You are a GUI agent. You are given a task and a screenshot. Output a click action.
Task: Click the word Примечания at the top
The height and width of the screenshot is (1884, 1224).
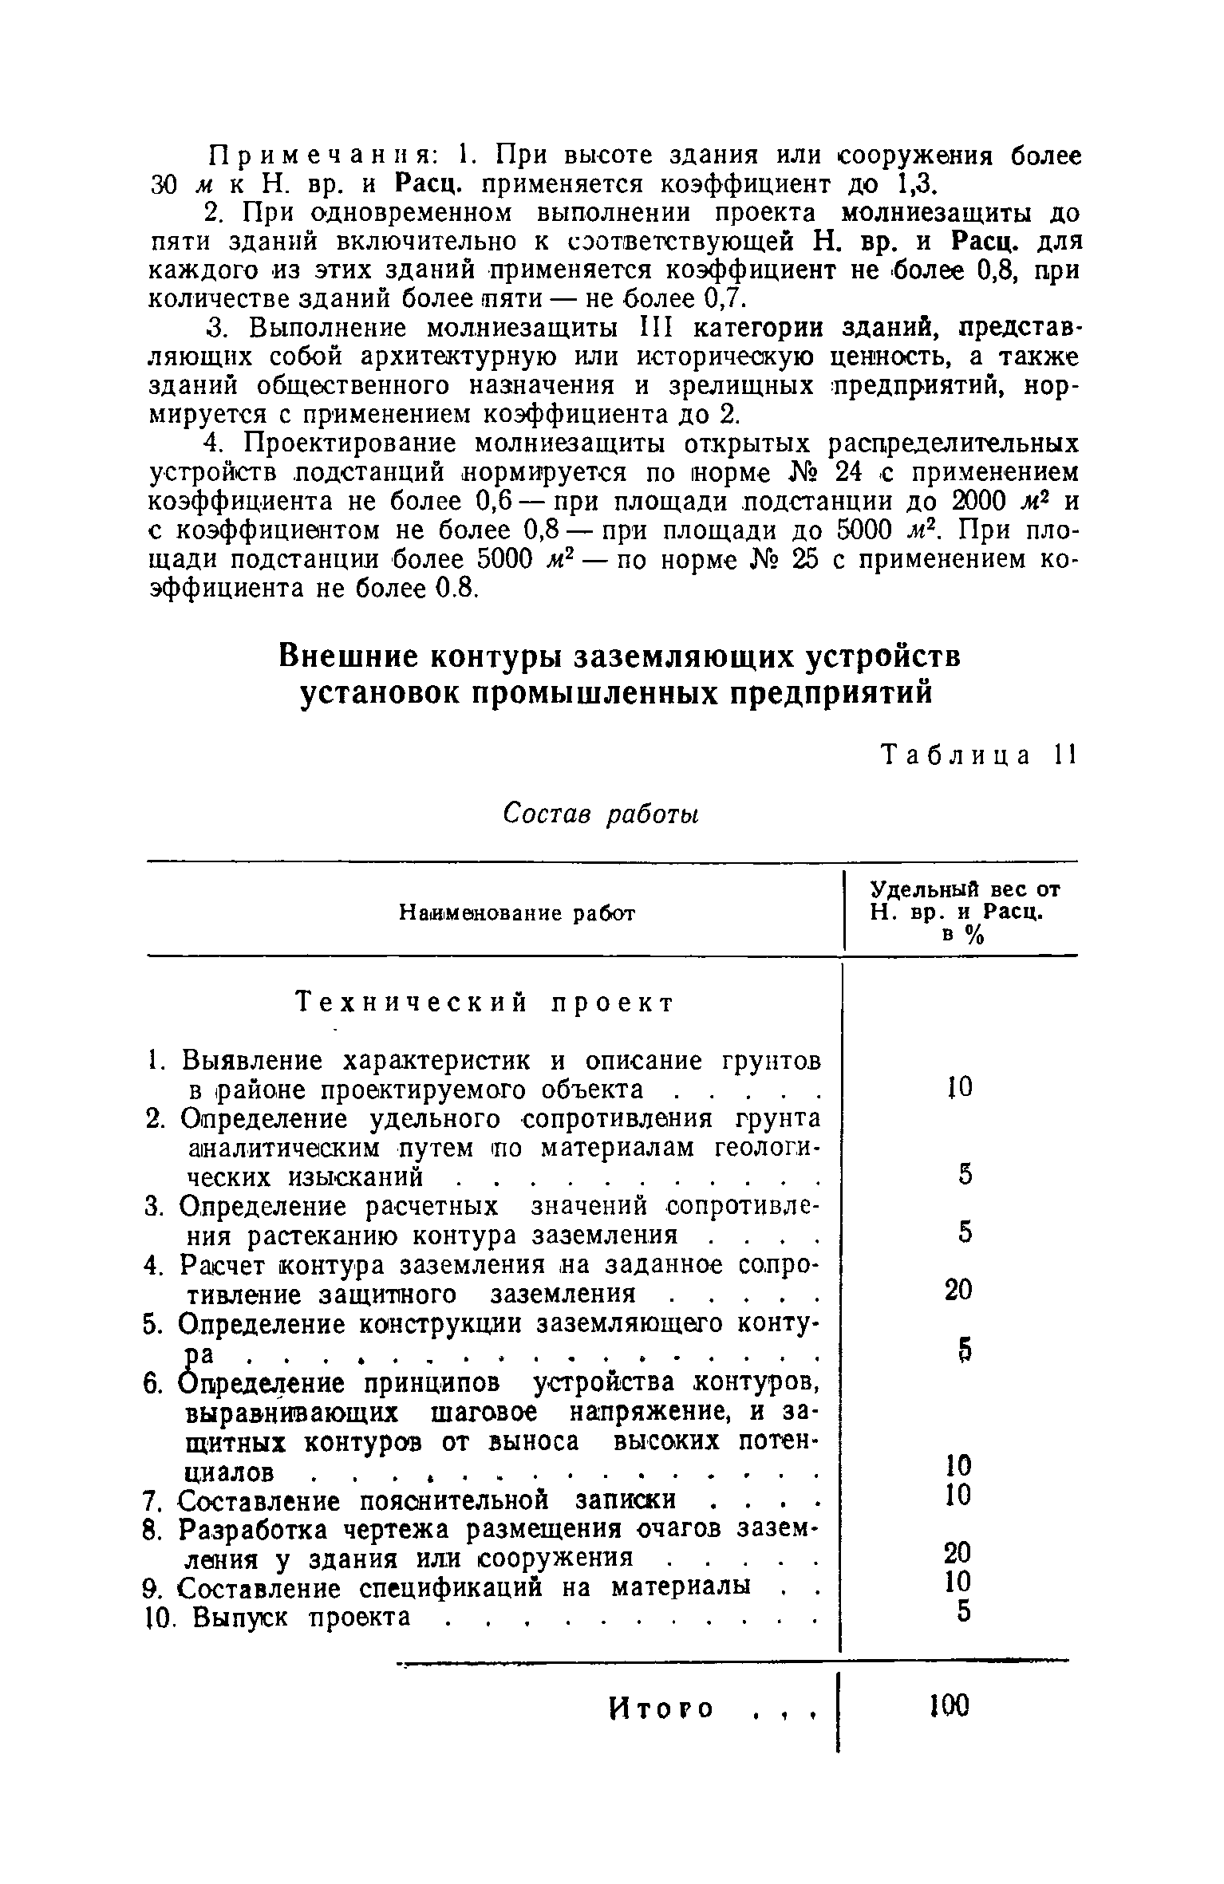pyautogui.click(x=315, y=155)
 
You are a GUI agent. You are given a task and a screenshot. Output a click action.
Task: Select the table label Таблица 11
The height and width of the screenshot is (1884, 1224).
pyautogui.click(x=978, y=755)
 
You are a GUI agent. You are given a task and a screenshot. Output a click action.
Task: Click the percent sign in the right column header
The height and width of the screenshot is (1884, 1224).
pyautogui.click(x=973, y=937)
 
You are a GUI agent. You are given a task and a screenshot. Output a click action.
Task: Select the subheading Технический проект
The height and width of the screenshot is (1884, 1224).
pyautogui.click(x=485, y=1003)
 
